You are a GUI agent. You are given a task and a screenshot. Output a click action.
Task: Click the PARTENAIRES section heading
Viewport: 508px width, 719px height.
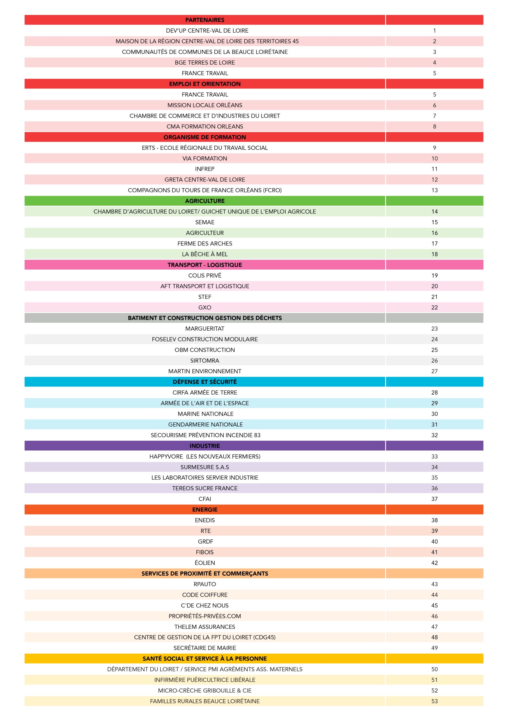pyautogui.click(x=204, y=20)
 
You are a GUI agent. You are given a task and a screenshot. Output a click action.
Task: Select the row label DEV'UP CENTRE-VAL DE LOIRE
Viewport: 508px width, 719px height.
pyautogui.click(x=207, y=30)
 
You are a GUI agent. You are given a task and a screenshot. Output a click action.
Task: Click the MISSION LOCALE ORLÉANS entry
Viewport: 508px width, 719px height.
pyautogui.click(x=204, y=105)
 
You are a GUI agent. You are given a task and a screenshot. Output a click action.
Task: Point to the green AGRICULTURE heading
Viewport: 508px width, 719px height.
pyautogui.click(x=204, y=201)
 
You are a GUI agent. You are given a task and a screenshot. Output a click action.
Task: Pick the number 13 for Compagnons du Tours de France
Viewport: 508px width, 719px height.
pyautogui.click(x=434, y=190)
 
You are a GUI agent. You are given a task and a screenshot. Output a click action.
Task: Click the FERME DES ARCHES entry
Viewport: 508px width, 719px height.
pyautogui.click(x=204, y=243)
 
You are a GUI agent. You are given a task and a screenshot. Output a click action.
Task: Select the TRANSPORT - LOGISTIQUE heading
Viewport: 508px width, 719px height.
pyautogui.click(x=204, y=265)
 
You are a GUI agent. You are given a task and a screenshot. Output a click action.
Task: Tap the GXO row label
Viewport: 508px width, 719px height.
pyautogui.click(x=204, y=308)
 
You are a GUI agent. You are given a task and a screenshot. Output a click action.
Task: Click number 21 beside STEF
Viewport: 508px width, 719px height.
pyautogui.click(x=434, y=297)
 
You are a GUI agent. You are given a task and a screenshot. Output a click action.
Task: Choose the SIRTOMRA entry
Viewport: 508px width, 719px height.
pyautogui.click(x=204, y=360)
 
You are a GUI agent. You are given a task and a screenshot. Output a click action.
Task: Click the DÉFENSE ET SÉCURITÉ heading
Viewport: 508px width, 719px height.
pyautogui.click(x=204, y=382)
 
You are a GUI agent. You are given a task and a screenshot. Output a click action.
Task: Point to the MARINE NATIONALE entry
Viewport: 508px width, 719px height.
pyautogui.click(x=206, y=414)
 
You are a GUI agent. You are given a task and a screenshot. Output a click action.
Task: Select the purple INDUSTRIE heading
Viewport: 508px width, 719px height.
pyautogui.click(x=204, y=446)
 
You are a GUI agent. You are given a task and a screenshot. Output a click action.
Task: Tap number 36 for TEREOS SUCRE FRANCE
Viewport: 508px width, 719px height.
pyautogui.click(x=434, y=488)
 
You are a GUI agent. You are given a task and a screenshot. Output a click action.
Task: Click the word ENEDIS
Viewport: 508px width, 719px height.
pyautogui.click(x=204, y=520)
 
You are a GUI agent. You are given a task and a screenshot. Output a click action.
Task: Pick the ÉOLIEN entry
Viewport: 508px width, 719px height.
pyautogui.click(x=204, y=563)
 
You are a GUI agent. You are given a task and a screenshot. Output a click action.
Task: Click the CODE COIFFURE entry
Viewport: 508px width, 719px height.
pyautogui.click(x=204, y=595)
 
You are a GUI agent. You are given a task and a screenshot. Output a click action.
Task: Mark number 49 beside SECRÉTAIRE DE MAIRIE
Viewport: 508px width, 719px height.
pyautogui.click(x=434, y=648)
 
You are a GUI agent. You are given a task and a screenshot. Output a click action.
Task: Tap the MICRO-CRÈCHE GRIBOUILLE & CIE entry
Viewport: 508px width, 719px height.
pyautogui.click(x=204, y=691)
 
